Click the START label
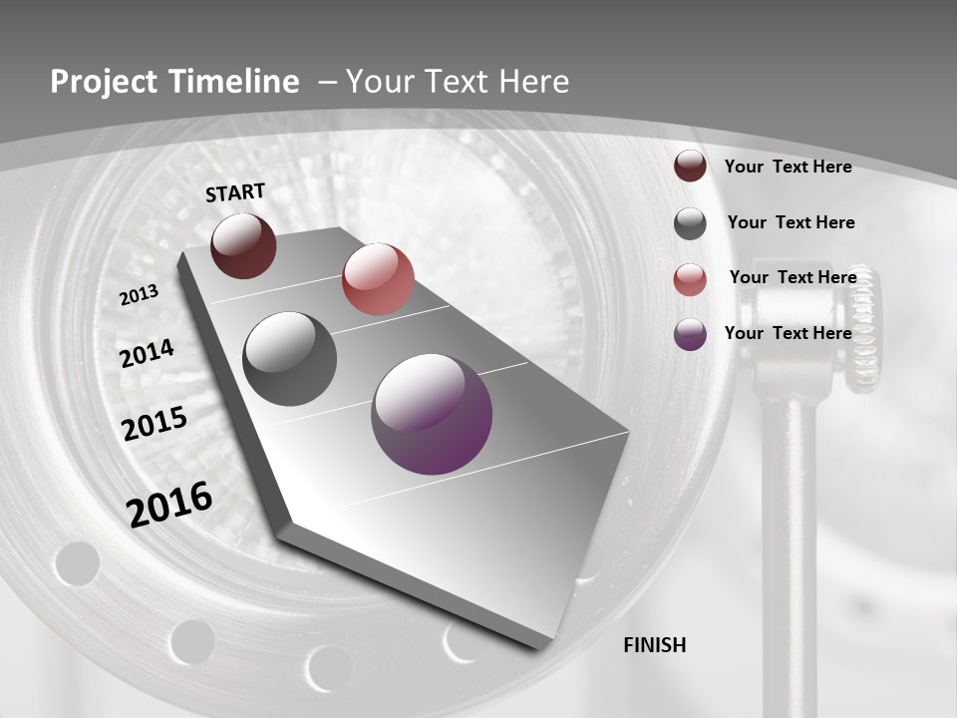point(235,192)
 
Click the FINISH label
point(655,645)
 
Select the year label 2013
point(140,295)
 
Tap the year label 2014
point(148,354)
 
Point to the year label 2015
point(155,424)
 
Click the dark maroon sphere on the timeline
point(243,245)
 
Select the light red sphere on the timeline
point(378,279)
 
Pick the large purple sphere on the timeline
point(432,414)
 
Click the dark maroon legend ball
point(690,166)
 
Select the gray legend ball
point(690,223)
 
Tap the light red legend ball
point(690,279)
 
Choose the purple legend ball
point(690,334)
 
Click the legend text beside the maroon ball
point(788,167)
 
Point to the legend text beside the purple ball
point(788,333)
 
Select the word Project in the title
point(99,82)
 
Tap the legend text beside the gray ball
point(791,222)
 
